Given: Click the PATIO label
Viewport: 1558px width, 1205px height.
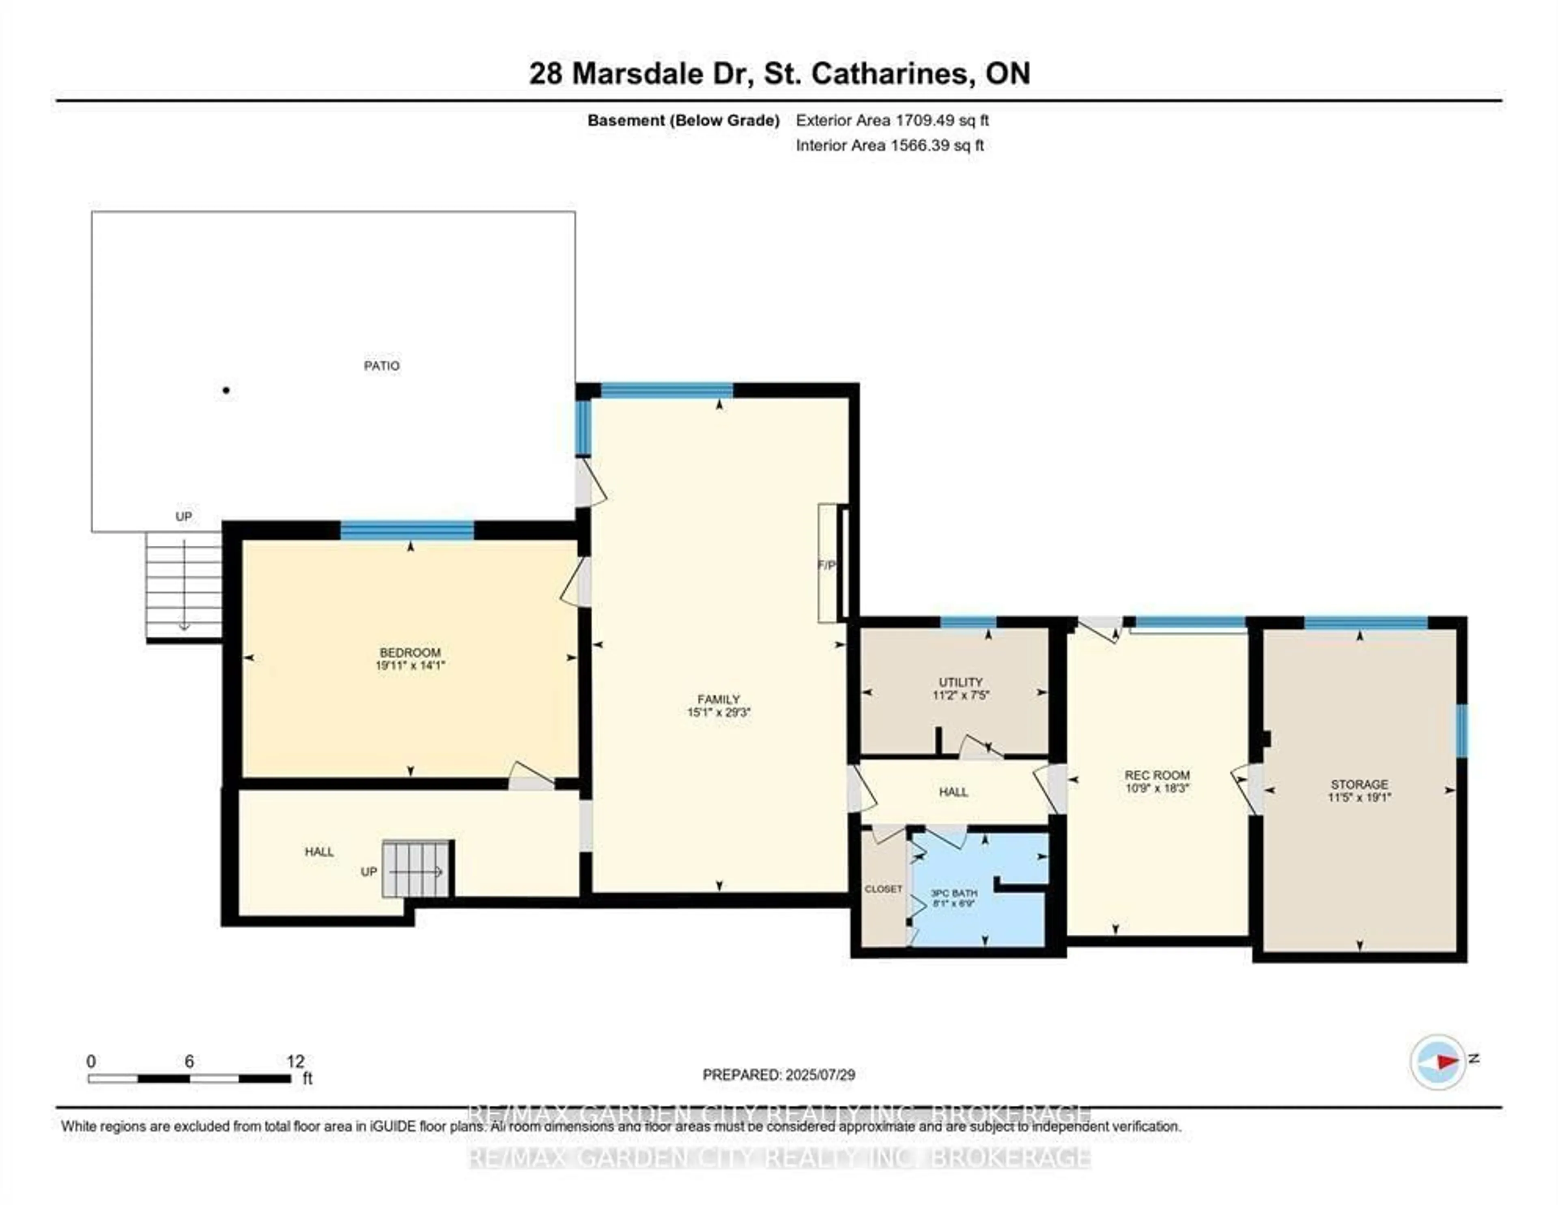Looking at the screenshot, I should (382, 366).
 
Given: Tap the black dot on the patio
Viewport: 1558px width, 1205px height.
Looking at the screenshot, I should (226, 390).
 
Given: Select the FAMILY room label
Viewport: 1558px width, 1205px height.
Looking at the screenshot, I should (719, 699).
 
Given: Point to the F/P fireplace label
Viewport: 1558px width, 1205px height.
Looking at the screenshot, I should (826, 565).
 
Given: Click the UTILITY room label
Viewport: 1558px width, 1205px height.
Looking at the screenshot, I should (960, 682).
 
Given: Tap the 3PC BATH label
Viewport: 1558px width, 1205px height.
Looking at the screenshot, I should (954, 893).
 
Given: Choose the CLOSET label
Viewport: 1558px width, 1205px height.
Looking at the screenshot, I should (883, 889).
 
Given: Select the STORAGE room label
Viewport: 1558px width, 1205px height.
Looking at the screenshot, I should (1359, 784).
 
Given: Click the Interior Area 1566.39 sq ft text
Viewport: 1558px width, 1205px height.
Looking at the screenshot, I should (890, 146).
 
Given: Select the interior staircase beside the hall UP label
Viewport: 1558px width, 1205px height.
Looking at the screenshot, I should (416, 869).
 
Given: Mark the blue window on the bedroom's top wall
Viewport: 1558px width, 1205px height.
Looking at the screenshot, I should (407, 531).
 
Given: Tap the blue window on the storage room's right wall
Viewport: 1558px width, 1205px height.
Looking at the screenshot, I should (1461, 731).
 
